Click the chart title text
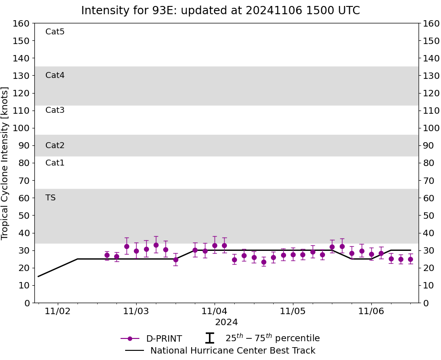220,11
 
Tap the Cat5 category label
55,32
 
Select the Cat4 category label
55,75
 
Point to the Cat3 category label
55,110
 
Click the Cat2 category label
55,145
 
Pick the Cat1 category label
55,163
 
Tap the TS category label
50,198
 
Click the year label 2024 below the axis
226,322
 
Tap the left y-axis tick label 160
21,23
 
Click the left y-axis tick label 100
21,128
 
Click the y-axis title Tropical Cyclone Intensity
6,163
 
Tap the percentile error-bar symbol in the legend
209,338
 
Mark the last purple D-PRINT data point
410,259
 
